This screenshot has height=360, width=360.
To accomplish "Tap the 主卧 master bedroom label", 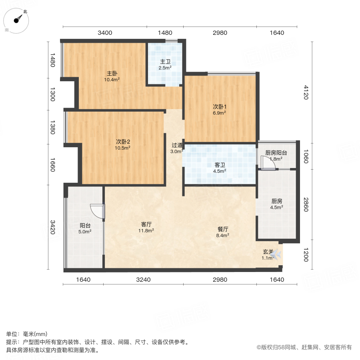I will [112, 73].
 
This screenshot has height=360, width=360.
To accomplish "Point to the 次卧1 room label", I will [219, 107].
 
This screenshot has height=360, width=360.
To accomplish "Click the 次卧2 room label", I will [123, 141].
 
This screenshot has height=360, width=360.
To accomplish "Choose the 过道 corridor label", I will [177, 145].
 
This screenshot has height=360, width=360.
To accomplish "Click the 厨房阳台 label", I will [276, 153].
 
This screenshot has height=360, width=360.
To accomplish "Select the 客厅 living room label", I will [146, 224].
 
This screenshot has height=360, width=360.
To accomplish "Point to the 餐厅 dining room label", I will [223, 229].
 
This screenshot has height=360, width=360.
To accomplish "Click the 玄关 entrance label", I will [268, 252].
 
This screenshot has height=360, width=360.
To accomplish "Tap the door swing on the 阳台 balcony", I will [97, 211].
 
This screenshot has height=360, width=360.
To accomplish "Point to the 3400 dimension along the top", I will [105, 33].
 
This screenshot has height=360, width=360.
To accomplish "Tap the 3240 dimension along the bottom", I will [143, 280].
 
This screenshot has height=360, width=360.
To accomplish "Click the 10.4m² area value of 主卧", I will [112, 80].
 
